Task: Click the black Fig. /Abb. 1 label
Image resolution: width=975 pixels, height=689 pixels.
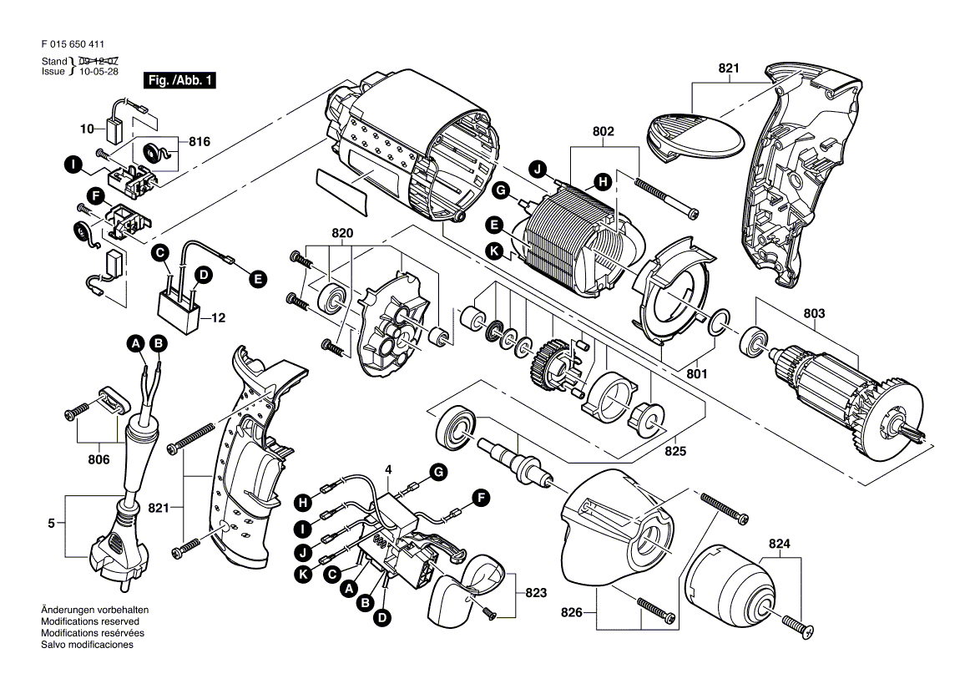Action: coord(179,80)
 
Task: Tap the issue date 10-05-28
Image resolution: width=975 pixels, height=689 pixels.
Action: coord(99,71)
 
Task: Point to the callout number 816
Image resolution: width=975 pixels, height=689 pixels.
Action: coord(199,142)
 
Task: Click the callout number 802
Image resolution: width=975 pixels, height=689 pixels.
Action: coord(604,131)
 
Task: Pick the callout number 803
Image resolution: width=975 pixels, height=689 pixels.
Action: coord(814,314)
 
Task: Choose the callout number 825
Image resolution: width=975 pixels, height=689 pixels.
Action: coord(675,450)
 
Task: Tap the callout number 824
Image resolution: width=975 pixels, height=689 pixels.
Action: coord(779,545)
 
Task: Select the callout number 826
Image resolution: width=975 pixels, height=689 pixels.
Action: coord(572,612)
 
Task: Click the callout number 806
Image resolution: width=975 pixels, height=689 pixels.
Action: coord(99,459)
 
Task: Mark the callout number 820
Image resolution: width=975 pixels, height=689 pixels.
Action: coord(342,233)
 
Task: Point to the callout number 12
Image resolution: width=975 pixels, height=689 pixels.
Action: coord(218,317)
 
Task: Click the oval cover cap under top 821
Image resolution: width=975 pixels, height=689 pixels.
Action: coord(695,137)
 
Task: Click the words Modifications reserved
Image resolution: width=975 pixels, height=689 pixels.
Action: coord(90,621)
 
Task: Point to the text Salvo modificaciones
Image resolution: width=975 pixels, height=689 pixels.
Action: coord(87,645)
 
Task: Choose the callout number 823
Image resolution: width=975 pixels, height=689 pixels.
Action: coord(535,593)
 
